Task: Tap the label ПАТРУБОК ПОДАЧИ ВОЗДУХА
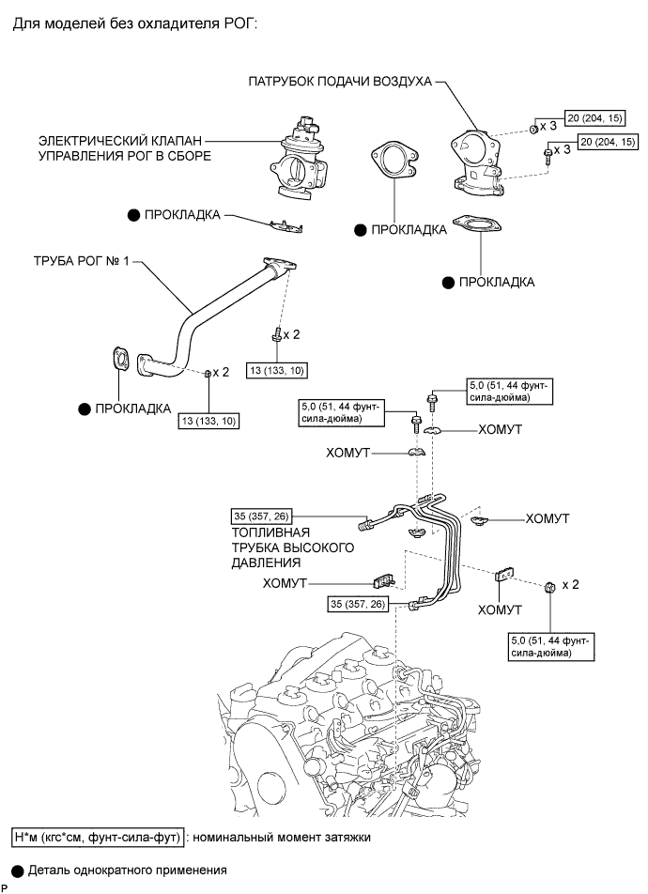tap(340, 81)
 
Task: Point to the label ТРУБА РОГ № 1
tap(82, 261)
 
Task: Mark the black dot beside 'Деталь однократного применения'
tap(18, 871)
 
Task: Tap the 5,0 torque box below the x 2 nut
tap(551, 646)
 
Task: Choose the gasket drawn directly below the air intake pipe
tap(477, 224)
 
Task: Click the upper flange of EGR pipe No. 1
tap(280, 267)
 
